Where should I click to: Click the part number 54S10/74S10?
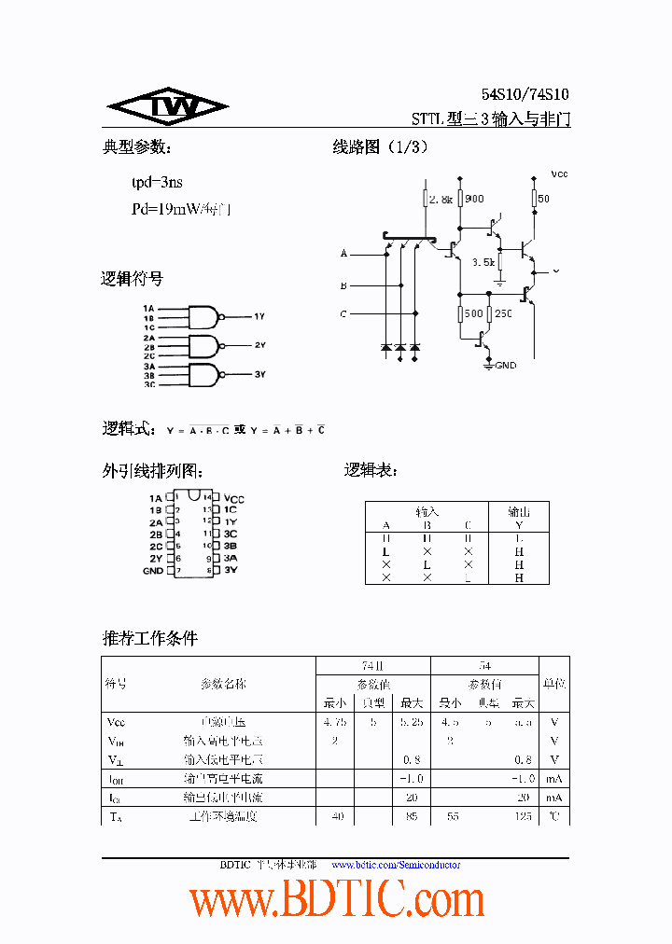point(525,94)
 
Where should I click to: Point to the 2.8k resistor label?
point(441,199)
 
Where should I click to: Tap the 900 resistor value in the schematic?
point(474,199)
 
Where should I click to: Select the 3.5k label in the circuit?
point(483,263)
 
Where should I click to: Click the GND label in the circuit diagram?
point(505,366)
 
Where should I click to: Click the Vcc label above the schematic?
point(559,174)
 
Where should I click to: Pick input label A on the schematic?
point(343,254)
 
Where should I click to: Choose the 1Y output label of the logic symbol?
point(259,317)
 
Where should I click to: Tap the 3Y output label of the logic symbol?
point(259,374)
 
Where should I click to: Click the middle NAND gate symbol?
point(204,346)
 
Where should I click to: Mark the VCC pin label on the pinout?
point(234,499)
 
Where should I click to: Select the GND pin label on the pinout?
point(152,571)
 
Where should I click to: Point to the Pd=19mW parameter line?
point(181,209)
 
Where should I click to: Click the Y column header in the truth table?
point(519,525)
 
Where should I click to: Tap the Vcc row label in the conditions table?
point(116,722)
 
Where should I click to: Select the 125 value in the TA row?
point(523,816)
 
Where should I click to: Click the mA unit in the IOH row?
point(553,779)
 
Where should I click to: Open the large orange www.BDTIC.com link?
point(336,901)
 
